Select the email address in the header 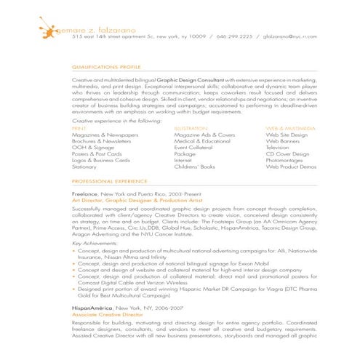click(289, 35)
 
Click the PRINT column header click(79, 128)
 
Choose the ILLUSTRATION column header click(192, 128)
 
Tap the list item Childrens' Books click(195, 167)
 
